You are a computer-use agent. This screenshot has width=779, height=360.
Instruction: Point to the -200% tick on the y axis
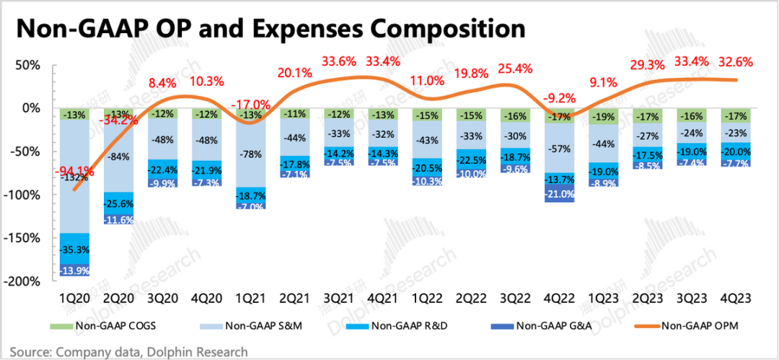26,281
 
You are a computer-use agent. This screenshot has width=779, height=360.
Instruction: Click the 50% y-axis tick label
31,65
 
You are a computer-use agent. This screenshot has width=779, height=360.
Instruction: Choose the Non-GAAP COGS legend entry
104,326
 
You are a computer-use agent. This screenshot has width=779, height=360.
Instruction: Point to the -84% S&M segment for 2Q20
118,157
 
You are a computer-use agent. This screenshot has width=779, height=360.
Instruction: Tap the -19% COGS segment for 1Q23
604,117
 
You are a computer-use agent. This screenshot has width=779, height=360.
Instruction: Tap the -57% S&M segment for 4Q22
560,149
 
